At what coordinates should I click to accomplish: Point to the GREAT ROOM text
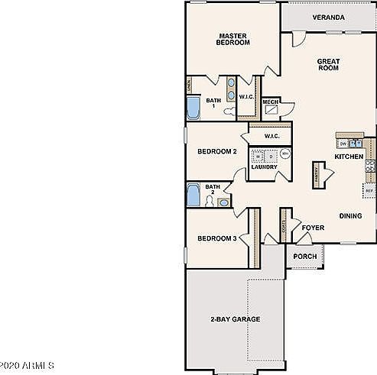click(x=328, y=64)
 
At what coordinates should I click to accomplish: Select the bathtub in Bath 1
click(x=193, y=107)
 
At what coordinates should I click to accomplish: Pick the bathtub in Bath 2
click(x=193, y=195)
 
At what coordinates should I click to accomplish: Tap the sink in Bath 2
click(x=223, y=202)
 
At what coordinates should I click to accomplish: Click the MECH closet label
click(x=270, y=102)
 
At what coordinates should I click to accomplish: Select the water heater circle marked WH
click(x=284, y=154)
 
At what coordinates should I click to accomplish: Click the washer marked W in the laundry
click(x=259, y=157)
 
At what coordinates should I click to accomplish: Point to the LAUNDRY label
click(x=264, y=167)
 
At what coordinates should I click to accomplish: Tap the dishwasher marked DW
click(x=343, y=143)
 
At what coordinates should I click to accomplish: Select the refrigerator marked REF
click(x=369, y=189)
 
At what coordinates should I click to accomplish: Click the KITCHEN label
click(x=349, y=157)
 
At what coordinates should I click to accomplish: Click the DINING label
click(x=350, y=216)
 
